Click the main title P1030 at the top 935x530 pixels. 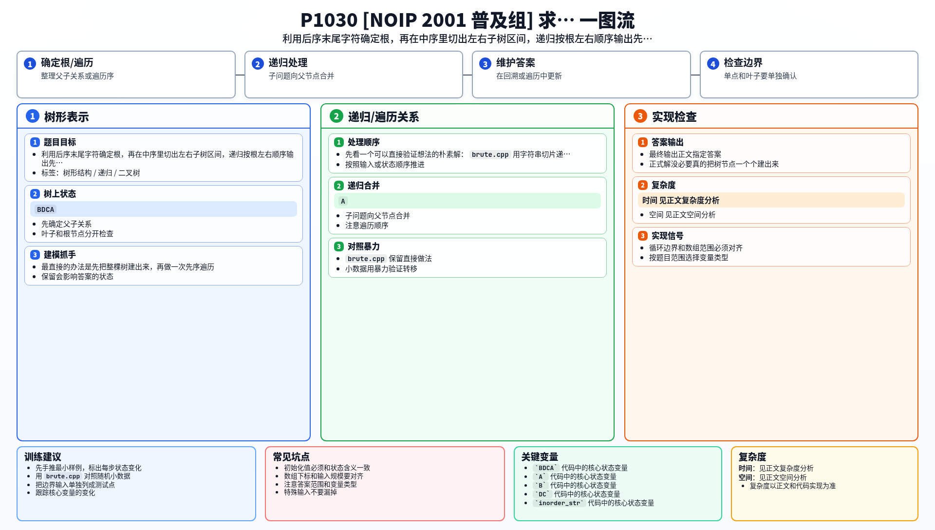[x=467, y=20]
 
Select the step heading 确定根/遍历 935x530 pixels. [x=67, y=63]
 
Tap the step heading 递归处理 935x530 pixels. [x=288, y=63]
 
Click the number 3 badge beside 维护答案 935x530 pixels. [x=485, y=64]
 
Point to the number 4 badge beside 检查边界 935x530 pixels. [x=713, y=64]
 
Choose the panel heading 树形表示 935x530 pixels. [x=66, y=117]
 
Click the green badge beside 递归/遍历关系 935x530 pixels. [x=336, y=116]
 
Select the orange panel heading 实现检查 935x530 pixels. [x=674, y=117]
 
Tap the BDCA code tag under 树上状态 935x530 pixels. [x=46, y=209]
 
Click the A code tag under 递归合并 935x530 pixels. [x=343, y=201]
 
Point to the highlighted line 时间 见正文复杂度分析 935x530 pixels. [x=681, y=200]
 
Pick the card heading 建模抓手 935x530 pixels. [x=60, y=255]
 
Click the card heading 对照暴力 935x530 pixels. [x=364, y=246]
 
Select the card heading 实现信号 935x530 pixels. [x=668, y=236]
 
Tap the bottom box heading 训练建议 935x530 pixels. [x=43, y=457]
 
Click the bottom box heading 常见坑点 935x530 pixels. [x=291, y=457]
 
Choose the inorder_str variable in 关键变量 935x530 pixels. [x=560, y=503]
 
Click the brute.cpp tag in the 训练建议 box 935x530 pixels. [x=63, y=476]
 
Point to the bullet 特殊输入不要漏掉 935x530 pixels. [x=311, y=492]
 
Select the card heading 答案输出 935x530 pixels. [x=668, y=142]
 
